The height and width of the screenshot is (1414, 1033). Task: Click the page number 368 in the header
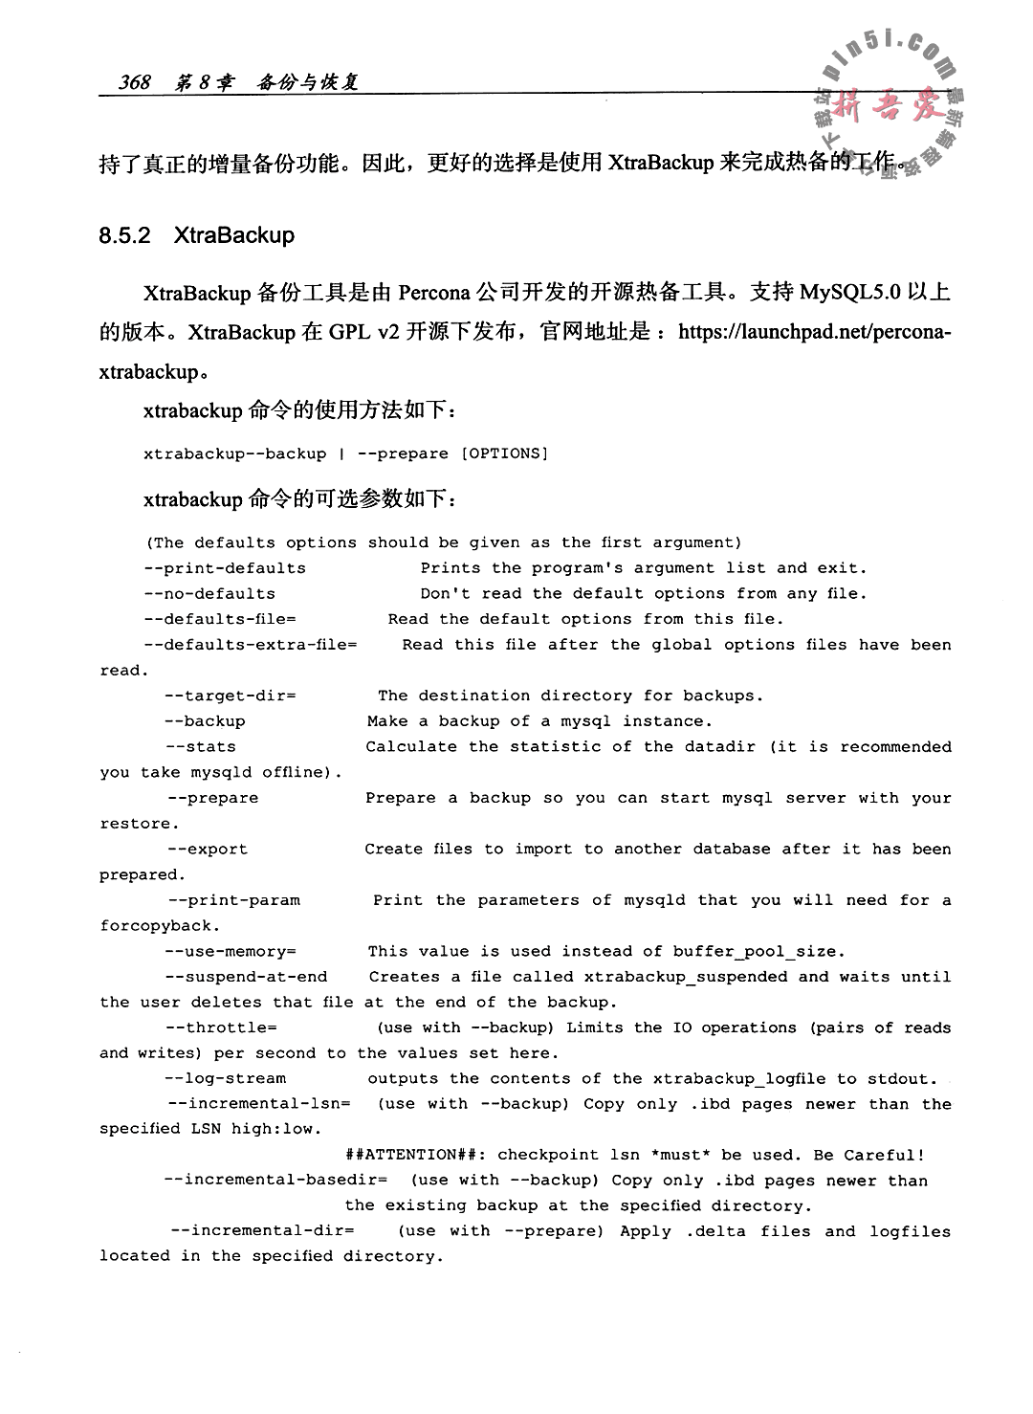[x=135, y=83]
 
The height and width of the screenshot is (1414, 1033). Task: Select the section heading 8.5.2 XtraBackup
[x=196, y=235]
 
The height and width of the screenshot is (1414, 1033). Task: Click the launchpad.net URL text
[x=813, y=332]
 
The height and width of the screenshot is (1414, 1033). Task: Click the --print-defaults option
[x=226, y=568]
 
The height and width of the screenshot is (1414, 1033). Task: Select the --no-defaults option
[x=210, y=594]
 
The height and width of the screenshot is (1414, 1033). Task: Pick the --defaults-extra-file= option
[x=251, y=645]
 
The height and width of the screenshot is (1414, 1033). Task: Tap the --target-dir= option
[x=231, y=696]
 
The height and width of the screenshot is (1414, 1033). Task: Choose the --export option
[x=207, y=850]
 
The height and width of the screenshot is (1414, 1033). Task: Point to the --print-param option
[x=232, y=900]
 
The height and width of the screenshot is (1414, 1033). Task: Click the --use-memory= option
[x=231, y=952]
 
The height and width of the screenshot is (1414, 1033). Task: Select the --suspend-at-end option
[x=246, y=977]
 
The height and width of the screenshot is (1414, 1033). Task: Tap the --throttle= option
[x=221, y=1028]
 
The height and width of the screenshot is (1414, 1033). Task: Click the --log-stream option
[x=226, y=1079]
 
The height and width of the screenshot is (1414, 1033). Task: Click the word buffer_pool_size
[x=758, y=952]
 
